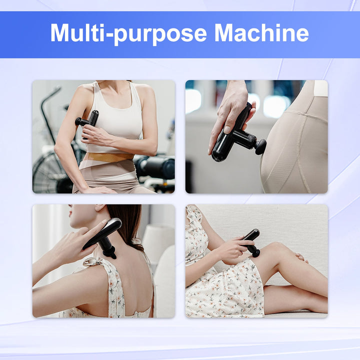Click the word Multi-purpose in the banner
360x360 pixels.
pos(128,33)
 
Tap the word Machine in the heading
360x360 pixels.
pos(261,33)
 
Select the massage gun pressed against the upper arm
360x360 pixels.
pos(88,119)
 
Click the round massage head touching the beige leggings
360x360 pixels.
pos(260,146)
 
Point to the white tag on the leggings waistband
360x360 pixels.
pos(320,88)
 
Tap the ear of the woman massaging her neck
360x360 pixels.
pos(98,208)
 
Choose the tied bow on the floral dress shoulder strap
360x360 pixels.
pos(93,261)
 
